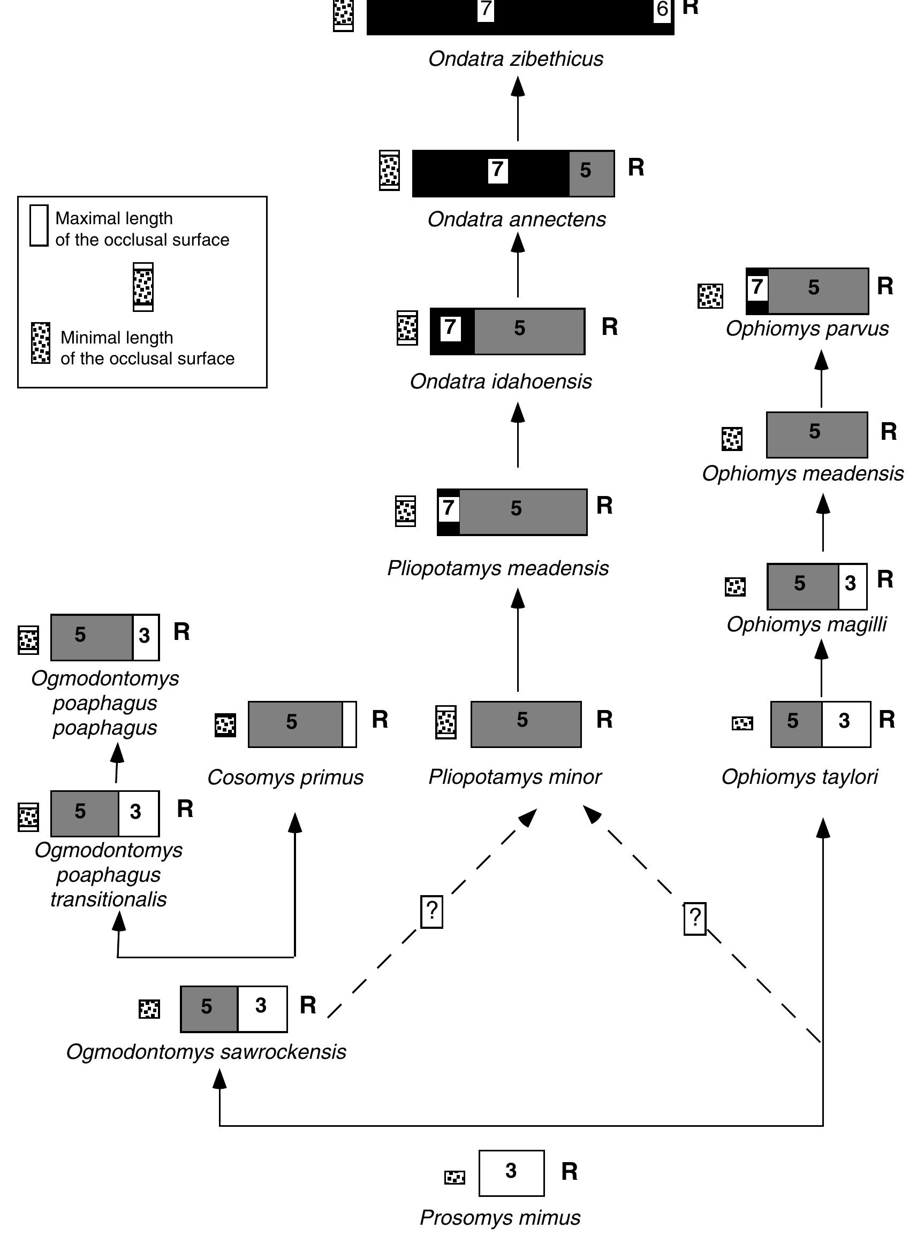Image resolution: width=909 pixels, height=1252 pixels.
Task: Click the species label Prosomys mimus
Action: (x=500, y=1217)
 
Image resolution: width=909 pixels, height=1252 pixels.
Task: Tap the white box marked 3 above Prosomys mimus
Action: (x=511, y=1172)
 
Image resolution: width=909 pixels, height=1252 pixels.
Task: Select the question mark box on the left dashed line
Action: (x=432, y=911)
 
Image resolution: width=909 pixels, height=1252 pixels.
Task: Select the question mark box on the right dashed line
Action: (x=695, y=919)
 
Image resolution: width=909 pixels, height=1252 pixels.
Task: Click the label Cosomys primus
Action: (x=285, y=777)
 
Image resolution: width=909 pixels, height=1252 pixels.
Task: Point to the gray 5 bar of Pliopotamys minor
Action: (x=525, y=724)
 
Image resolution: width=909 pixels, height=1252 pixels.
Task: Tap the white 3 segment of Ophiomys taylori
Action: (x=845, y=724)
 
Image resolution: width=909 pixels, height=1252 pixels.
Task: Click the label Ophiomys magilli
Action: (x=806, y=624)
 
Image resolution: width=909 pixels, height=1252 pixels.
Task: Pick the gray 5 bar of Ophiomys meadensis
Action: (x=816, y=434)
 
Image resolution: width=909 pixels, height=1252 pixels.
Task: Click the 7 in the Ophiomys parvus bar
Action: (x=757, y=287)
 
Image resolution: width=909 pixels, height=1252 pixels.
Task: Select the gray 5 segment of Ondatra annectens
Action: (x=591, y=173)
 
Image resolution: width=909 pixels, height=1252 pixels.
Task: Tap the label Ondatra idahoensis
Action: (x=501, y=381)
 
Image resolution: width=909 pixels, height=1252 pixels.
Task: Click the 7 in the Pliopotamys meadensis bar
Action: (x=449, y=507)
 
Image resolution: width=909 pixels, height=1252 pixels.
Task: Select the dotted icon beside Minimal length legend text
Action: (x=40, y=343)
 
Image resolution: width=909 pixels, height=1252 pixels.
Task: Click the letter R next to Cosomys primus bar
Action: (x=380, y=719)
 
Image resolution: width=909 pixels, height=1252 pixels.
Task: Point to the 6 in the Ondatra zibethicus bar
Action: (x=662, y=10)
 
